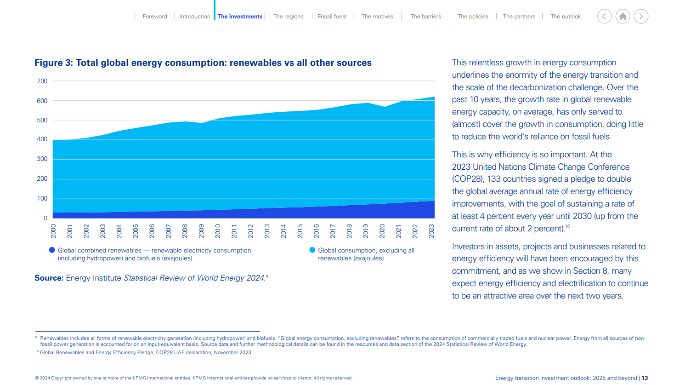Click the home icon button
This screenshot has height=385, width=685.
623,17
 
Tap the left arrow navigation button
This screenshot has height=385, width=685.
604,17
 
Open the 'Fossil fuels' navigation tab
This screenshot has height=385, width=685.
332,17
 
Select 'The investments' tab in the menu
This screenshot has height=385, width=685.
240,17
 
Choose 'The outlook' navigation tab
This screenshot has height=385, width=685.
566,17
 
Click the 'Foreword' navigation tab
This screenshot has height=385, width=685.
155,17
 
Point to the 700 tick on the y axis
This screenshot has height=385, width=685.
42,81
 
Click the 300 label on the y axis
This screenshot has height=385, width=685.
42,159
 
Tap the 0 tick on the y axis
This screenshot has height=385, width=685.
45,218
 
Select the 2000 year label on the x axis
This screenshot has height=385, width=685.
53,231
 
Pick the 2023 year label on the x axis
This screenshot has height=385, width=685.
431,231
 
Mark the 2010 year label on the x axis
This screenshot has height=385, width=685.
218,231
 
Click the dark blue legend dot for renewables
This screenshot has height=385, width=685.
52,250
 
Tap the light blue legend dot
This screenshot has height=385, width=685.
312,250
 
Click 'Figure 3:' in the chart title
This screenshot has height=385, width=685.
54,63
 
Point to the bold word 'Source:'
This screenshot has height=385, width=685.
49,278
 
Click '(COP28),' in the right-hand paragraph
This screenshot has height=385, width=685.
468,179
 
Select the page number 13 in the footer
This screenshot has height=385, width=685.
645,378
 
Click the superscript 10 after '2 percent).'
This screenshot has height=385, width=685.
568,226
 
